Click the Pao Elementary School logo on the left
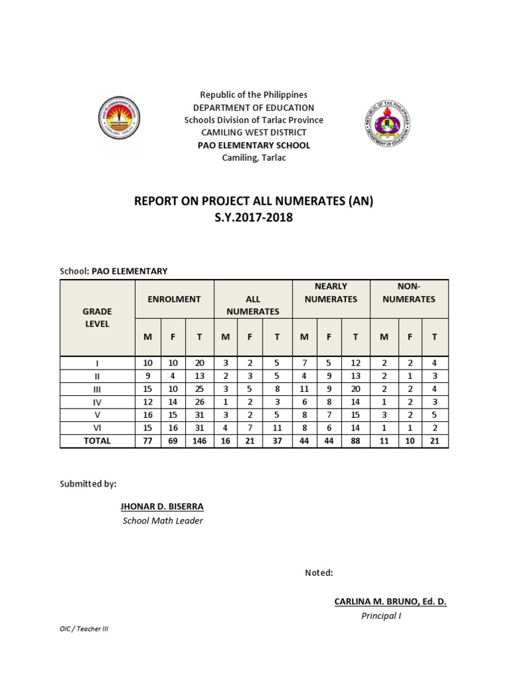point(119,120)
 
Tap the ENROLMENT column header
point(175,299)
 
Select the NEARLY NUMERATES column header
point(331,293)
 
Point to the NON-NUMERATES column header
point(409,293)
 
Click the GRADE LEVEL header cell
point(97,317)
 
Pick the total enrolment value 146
point(199,441)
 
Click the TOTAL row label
point(97,441)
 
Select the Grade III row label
point(97,389)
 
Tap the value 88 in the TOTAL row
point(355,441)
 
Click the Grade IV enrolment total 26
point(199,402)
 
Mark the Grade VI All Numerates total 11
point(277,428)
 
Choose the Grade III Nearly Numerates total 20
point(355,389)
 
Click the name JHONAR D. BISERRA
point(162,506)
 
